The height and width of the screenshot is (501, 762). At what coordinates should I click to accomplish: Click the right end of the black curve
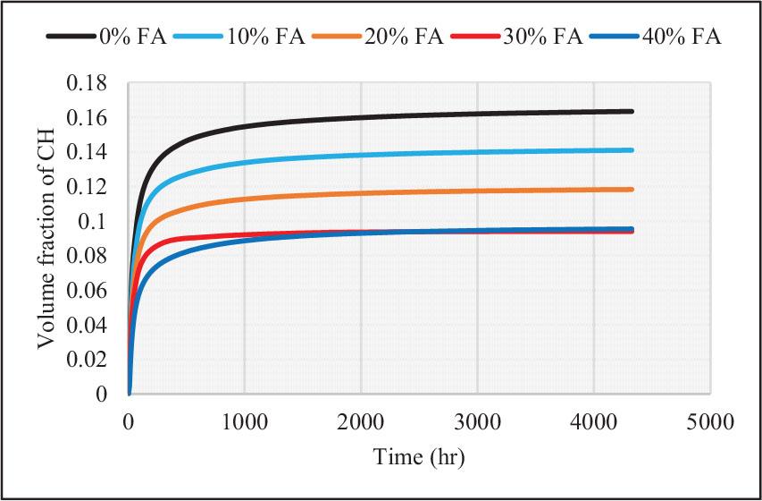(632, 112)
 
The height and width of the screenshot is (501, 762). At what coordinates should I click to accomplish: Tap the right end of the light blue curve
(632, 150)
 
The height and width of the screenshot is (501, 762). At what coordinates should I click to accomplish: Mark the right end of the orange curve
(632, 190)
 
